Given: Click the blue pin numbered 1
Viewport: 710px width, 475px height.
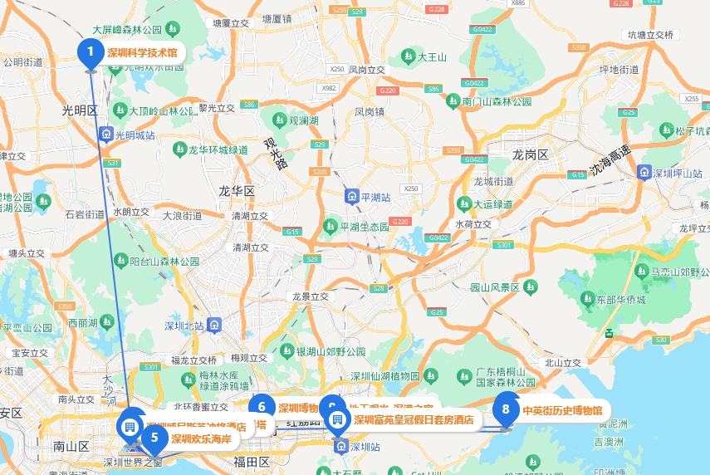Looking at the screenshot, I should point(91,52).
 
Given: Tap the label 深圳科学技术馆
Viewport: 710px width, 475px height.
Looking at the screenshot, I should point(142,52).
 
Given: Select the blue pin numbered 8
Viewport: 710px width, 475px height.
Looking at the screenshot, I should point(506,409).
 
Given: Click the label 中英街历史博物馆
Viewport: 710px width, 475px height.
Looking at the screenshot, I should point(562,410).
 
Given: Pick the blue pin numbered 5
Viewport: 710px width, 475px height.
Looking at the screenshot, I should point(154,437).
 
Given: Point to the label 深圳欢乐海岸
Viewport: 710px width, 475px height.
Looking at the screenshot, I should point(201,438).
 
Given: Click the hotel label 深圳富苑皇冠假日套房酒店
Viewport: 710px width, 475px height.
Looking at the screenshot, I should point(414,420).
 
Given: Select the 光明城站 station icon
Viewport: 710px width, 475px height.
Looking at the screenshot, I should point(105,135).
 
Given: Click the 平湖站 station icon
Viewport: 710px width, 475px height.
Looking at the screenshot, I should point(352,197).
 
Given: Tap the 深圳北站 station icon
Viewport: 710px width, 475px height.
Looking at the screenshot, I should point(216,324).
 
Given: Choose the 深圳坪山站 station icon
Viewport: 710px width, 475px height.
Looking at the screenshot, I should point(644,173).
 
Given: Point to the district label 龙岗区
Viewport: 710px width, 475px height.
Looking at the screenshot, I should point(530,155).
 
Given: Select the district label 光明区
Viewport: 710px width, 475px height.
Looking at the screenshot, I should point(80,110).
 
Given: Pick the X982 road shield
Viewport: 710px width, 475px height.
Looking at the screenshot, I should point(330,87).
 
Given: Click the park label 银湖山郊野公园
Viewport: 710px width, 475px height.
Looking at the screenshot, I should point(331,351).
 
